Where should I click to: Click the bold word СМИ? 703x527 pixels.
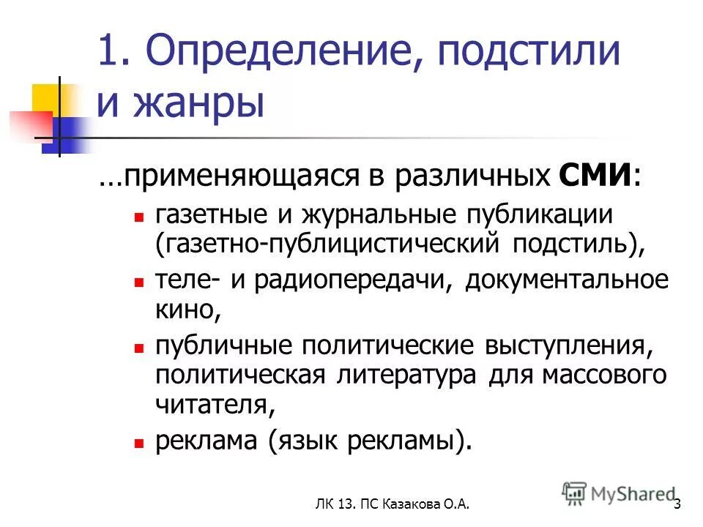pyautogui.click(x=595, y=176)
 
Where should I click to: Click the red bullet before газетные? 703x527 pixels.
pyautogui.click(x=138, y=217)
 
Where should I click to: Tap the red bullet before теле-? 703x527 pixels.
pyautogui.click(x=138, y=282)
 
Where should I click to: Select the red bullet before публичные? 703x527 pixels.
pyautogui.click(x=138, y=346)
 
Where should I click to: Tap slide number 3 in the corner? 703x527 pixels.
pyautogui.click(x=678, y=504)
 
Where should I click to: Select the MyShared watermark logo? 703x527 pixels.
pyautogui.click(x=619, y=494)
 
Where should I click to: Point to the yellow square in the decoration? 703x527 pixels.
pyautogui.click(x=45, y=97)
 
